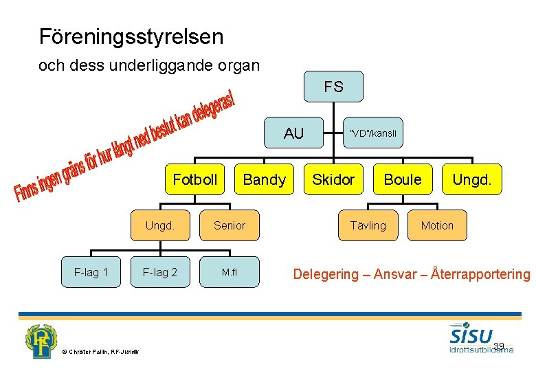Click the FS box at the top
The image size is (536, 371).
(x=334, y=87)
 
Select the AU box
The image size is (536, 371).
(x=294, y=133)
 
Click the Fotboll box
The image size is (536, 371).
(x=195, y=180)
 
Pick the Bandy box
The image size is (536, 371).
(x=265, y=180)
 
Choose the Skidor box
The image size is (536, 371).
(x=333, y=180)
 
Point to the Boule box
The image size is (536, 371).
(x=403, y=180)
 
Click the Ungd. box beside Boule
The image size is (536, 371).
(x=471, y=180)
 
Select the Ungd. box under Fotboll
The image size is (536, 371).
(x=160, y=225)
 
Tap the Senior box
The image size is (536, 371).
(x=230, y=225)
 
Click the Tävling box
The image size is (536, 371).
(x=368, y=225)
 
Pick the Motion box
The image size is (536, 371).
(x=437, y=225)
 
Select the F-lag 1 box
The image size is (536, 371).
(x=91, y=272)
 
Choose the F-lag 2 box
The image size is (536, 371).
(x=160, y=272)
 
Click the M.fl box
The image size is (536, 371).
(x=230, y=272)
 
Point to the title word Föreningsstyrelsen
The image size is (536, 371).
(x=131, y=36)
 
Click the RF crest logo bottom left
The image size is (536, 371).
(x=43, y=341)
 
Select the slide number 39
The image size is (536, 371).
(x=499, y=346)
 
